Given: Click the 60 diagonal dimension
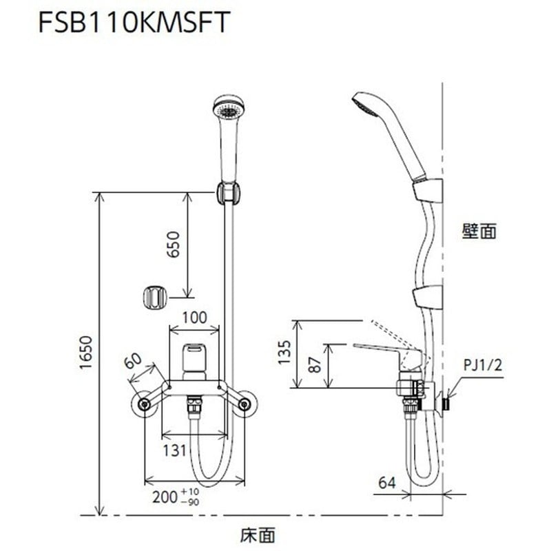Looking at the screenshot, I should pyautogui.click(x=133, y=360).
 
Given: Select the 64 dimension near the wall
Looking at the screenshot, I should pyautogui.click(x=387, y=482).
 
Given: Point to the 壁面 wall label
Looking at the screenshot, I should pyautogui.click(x=479, y=231).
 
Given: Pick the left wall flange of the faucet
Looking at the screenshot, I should pyautogui.click(x=145, y=404).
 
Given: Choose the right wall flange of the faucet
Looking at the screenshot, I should pyautogui.click(x=244, y=404).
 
